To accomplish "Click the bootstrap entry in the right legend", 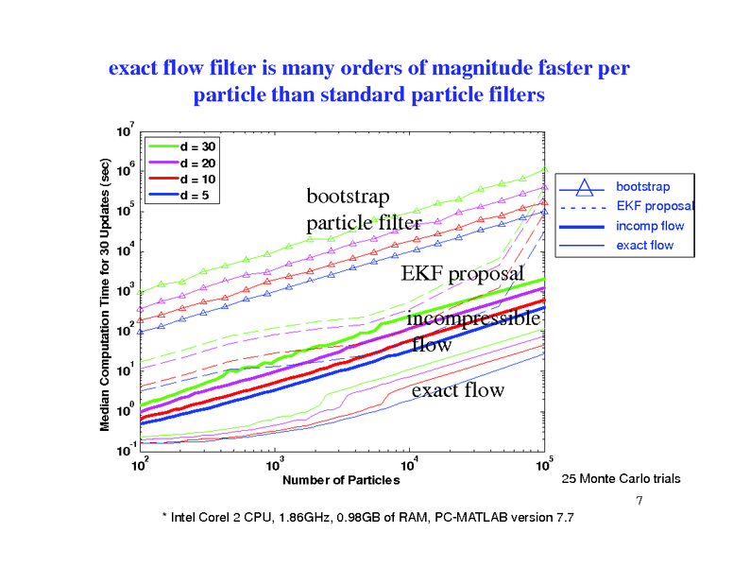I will pos(643,186).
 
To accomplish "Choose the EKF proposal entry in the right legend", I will pos(655,206).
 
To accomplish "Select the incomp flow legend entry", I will pos(650,226).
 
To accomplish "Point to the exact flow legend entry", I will pos(644,246).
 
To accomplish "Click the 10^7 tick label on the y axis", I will pos(124,129).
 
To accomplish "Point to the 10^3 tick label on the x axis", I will pos(275,466).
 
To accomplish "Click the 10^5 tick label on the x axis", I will pos(544,466).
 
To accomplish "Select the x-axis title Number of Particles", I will pos(341,480).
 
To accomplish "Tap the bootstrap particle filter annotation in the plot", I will pos(364,210).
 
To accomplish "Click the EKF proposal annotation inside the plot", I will pos(462,274).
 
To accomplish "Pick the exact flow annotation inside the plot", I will pos(457,389).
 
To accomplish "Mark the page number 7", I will pos(639,499).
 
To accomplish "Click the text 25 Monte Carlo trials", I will pos(621,479).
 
